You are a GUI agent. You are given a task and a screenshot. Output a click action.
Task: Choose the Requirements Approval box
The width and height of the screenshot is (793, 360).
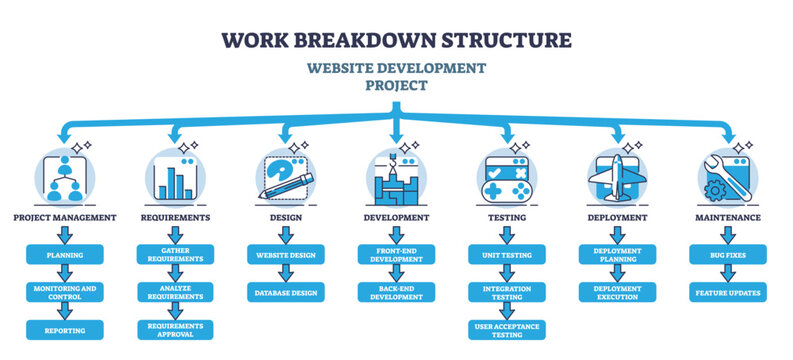click(175, 330)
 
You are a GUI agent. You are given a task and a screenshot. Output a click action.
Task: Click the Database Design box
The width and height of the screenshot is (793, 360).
click(286, 293)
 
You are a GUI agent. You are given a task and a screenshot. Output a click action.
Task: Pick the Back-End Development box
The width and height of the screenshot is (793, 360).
click(397, 293)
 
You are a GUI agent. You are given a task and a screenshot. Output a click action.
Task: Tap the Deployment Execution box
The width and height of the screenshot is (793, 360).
click(617, 293)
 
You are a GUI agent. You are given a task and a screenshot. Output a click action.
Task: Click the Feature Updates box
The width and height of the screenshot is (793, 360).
click(728, 293)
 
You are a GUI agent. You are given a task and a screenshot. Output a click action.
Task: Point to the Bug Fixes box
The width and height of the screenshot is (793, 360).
click(728, 256)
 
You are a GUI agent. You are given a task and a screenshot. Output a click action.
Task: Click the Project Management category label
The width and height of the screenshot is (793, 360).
click(64, 217)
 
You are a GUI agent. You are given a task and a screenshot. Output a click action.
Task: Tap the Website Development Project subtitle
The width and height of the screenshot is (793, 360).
click(397, 77)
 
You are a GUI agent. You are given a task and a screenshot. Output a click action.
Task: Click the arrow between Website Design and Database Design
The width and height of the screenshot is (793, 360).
click(286, 274)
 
